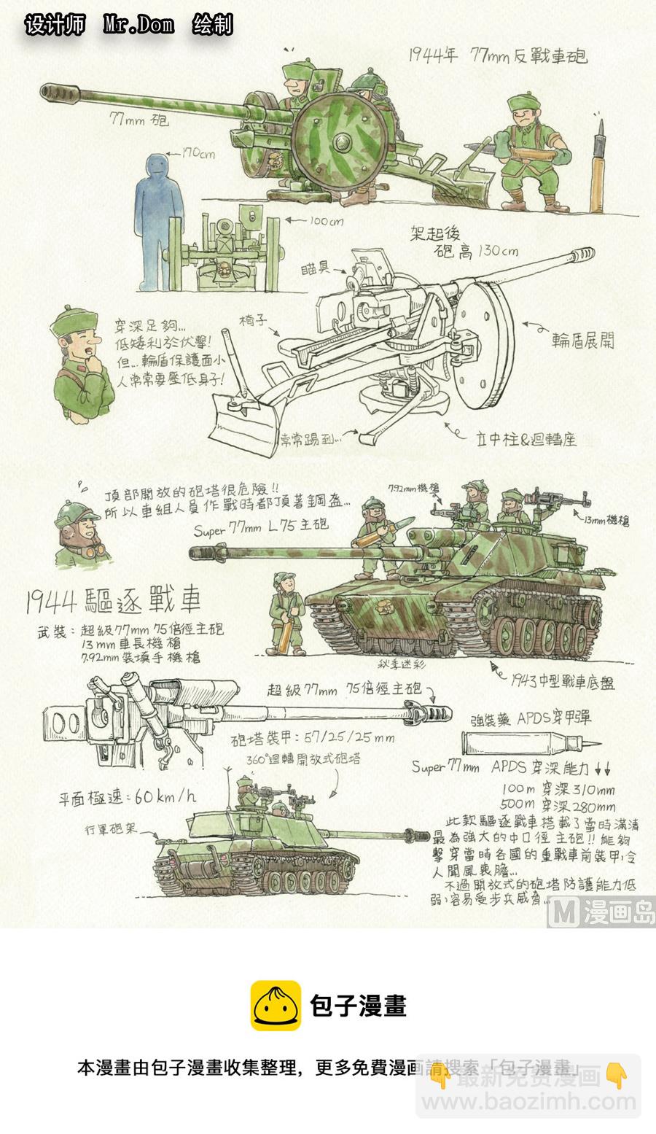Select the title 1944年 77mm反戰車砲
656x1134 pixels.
pyautogui.click(x=498, y=55)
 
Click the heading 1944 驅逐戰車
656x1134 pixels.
pyautogui.click(x=113, y=602)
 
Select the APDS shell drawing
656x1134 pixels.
pyautogui.click(x=529, y=744)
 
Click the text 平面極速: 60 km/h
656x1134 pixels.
pyautogui.click(x=128, y=796)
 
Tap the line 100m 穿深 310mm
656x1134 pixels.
pyautogui.click(x=558, y=789)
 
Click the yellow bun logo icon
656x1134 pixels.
pyautogui.click(x=276, y=1006)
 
